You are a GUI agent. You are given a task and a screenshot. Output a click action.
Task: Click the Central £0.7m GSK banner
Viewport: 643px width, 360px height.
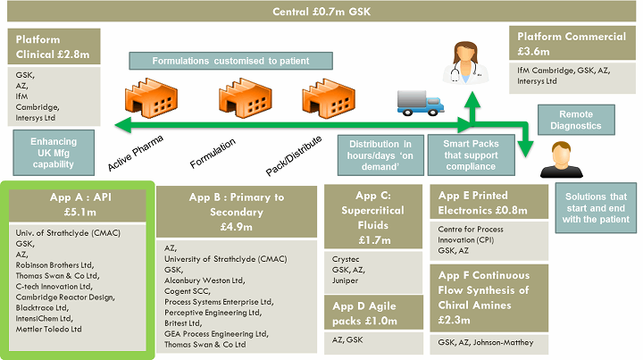tap(321, 11)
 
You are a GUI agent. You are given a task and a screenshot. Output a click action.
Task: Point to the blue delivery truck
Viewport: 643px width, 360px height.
tap(419, 101)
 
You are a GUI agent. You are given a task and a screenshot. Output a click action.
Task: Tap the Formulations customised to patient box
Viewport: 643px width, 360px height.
tap(231, 61)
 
